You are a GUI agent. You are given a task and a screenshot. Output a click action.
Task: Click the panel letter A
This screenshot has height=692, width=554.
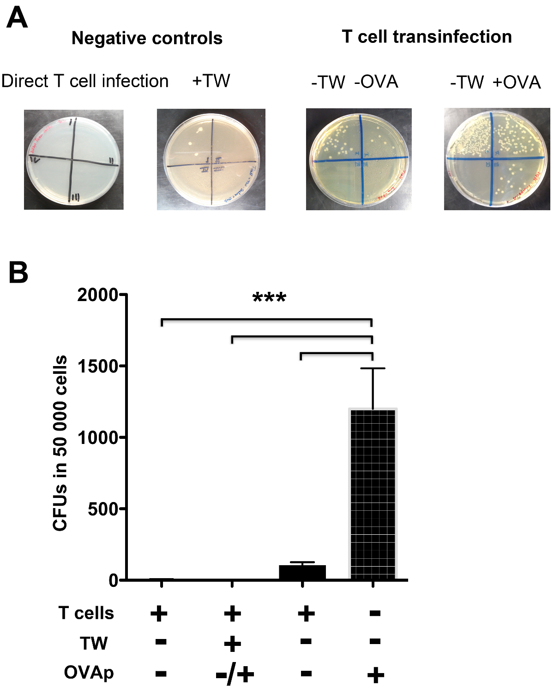pyautogui.click(x=17, y=19)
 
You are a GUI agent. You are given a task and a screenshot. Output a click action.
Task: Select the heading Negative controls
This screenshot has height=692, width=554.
pyautogui.click(x=147, y=38)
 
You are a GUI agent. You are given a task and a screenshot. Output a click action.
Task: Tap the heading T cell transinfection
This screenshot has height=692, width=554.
pyautogui.click(x=427, y=37)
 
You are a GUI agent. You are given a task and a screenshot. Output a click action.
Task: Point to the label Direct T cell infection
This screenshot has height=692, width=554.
pyautogui.click(x=85, y=81)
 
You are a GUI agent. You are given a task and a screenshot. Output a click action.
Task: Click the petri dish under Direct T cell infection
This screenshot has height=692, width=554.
pyautogui.click(x=74, y=160)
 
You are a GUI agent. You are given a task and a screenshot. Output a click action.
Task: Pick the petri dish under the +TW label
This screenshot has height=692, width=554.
pyautogui.click(x=211, y=160)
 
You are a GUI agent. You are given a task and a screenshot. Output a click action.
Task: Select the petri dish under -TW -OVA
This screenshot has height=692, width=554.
pyautogui.click(x=359, y=159)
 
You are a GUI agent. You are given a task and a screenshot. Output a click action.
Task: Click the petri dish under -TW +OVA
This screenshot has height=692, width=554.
pyautogui.click(x=497, y=159)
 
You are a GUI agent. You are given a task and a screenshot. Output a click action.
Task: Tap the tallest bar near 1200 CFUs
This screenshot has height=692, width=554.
pyautogui.click(x=373, y=493)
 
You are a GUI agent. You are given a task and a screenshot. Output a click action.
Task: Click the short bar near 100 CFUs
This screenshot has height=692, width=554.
pyautogui.click(x=302, y=572)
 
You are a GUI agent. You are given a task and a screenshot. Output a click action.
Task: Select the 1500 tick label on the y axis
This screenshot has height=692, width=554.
pyautogui.click(x=98, y=367)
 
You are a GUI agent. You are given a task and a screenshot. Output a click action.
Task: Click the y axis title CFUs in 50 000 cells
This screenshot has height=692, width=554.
pyautogui.click(x=60, y=443)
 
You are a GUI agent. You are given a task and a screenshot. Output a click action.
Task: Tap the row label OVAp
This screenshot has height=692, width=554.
pyautogui.click(x=89, y=673)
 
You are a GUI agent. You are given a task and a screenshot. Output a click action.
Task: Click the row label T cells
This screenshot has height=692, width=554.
pyautogui.click(x=86, y=613)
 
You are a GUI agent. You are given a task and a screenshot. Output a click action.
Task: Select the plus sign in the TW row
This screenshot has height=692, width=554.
pyautogui.click(x=232, y=643)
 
